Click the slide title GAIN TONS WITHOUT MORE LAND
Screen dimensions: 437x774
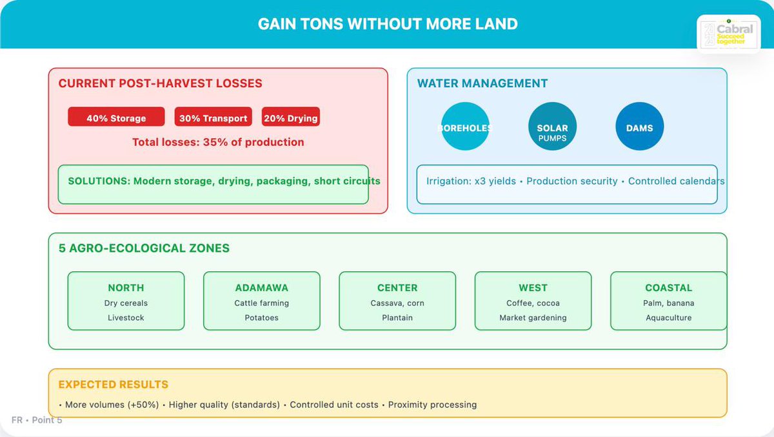click(x=388, y=25)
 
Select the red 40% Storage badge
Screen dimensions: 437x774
click(x=116, y=117)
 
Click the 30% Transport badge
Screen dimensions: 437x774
click(x=213, y=117)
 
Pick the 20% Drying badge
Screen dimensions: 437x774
click(x=290, y=117)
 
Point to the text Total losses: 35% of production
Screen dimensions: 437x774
click(x=218, y=142)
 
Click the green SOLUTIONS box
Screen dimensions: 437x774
click(x=213, y=185)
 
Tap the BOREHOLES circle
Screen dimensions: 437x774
click(x=464, y=127)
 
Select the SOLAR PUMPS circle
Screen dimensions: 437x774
click(x=552, y=127)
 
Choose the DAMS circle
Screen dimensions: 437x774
click(x=639, y=127)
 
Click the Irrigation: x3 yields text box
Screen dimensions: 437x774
click(x=567, y=185)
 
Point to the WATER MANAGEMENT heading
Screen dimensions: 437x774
click(x=482, y=83)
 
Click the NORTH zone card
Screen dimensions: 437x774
click(x=126, y=301)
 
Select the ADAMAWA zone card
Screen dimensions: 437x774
click(x=261, y=301)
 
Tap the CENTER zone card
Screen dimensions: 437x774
click(x=397, y=301)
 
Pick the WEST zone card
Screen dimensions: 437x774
click(x=533, y=301)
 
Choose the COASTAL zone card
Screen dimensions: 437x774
click(x=668, y=301)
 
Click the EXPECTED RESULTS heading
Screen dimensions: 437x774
click(x=113, y=384)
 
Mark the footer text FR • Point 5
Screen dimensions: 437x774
click(x=37, y=420)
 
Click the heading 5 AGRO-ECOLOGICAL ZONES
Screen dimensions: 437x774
click(x=144, y=248)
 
